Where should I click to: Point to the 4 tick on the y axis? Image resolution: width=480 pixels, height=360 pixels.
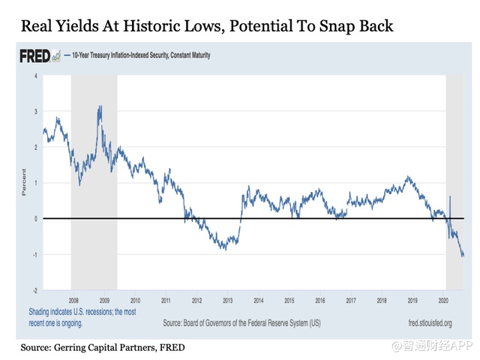coord(35,76)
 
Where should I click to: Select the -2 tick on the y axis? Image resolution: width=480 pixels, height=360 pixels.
coord(34,290)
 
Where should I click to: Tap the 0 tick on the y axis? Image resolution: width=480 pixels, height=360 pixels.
coord(35,219)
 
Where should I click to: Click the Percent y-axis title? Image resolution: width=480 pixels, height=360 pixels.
coord(24,184)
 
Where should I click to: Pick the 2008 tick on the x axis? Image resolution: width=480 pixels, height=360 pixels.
coord(70,298)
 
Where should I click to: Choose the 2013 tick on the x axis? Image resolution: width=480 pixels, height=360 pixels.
coord(226,298)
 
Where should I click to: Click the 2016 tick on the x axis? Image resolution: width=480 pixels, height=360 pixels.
coord(320,298)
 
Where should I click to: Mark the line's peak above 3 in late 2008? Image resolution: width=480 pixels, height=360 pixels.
coord(100,107)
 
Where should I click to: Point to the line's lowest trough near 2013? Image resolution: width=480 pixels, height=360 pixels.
coord(226,249)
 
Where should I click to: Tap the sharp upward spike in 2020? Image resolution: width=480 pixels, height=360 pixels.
coord(449,197)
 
